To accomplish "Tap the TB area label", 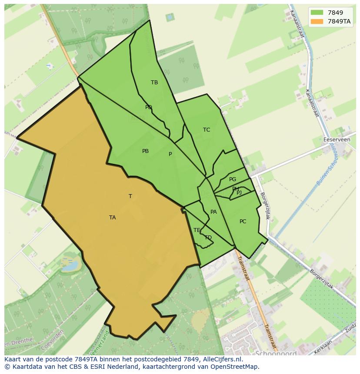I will coord(154,83).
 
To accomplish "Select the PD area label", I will coord(149,107).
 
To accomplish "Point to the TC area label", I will coord(207,130).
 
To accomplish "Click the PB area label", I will coord(145,151).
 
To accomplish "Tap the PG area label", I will coord(233,179).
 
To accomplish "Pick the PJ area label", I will coord(239,192).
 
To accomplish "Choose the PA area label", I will coord(213,212).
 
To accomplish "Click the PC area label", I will coord(243,222).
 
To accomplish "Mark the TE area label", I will coord(197,230).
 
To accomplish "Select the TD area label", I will coord(208,238).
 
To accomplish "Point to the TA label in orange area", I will coord(113,218).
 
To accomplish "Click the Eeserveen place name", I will coord(337,140).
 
